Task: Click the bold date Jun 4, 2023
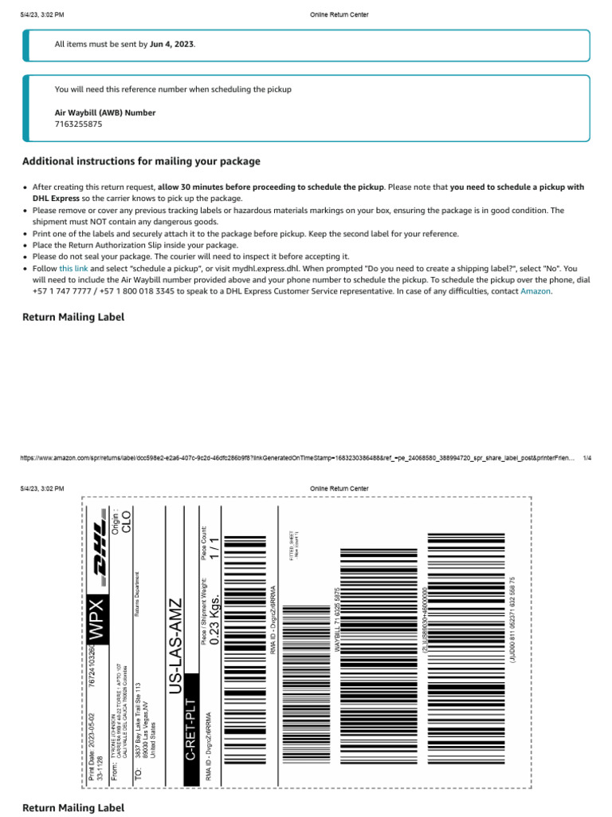172,44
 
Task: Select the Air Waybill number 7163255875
78,124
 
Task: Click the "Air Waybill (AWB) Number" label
104,112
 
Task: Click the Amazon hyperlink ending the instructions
535,291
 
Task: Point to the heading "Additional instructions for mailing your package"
141,161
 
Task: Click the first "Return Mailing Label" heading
73,317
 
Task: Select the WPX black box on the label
96,616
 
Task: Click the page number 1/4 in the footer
587,458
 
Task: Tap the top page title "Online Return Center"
339,15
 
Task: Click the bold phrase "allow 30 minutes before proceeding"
270,187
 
